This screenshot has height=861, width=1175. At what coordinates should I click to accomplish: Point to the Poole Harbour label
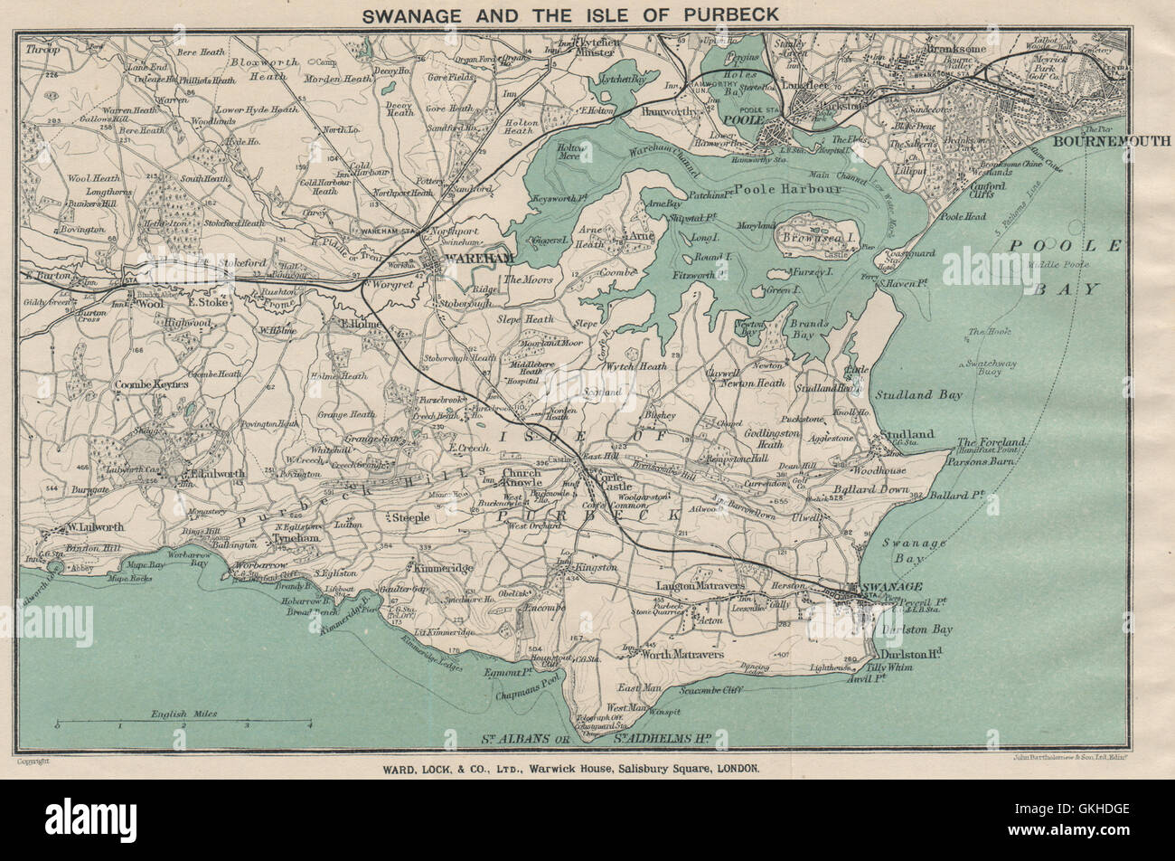point(800,190)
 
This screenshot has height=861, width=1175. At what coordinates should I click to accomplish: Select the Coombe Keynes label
point(152,384)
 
